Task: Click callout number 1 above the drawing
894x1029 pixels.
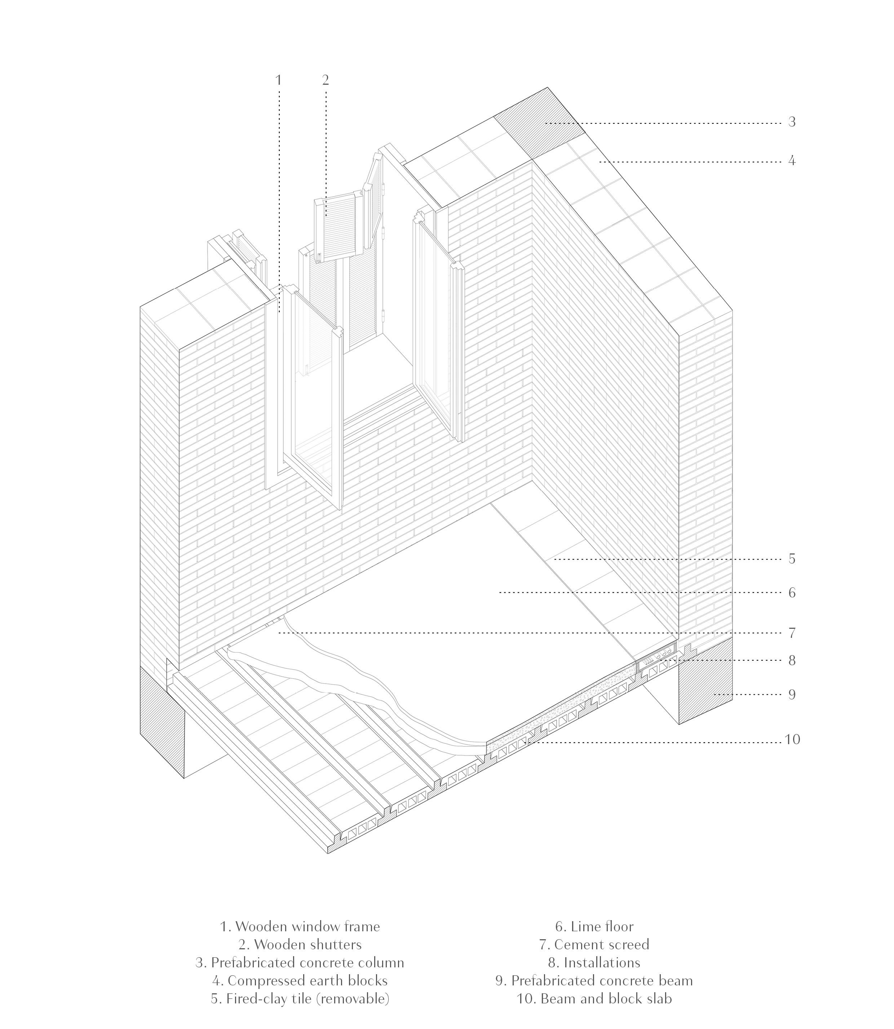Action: click(278, 80)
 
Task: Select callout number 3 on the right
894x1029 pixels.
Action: click(792, 122)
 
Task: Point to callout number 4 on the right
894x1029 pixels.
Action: click(792, 161)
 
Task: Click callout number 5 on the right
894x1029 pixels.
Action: click(792, 559)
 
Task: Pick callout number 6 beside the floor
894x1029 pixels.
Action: click(792, 593)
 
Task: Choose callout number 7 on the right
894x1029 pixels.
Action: click(792, 633)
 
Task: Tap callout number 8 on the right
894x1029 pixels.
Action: click(792, 661)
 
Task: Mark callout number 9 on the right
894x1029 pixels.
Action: click(792, 695)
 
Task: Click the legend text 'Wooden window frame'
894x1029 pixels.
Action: click(300, 927)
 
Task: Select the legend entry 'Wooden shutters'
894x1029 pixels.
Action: click(300, 945)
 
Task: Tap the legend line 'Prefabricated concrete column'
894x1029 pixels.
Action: click(300, 963)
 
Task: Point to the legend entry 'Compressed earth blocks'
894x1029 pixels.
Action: click(300, 981)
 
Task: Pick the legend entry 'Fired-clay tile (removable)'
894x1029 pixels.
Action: click(300, 999)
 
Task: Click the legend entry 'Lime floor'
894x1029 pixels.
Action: click(594, 927)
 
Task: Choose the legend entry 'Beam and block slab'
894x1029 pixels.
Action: click(594, 999)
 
